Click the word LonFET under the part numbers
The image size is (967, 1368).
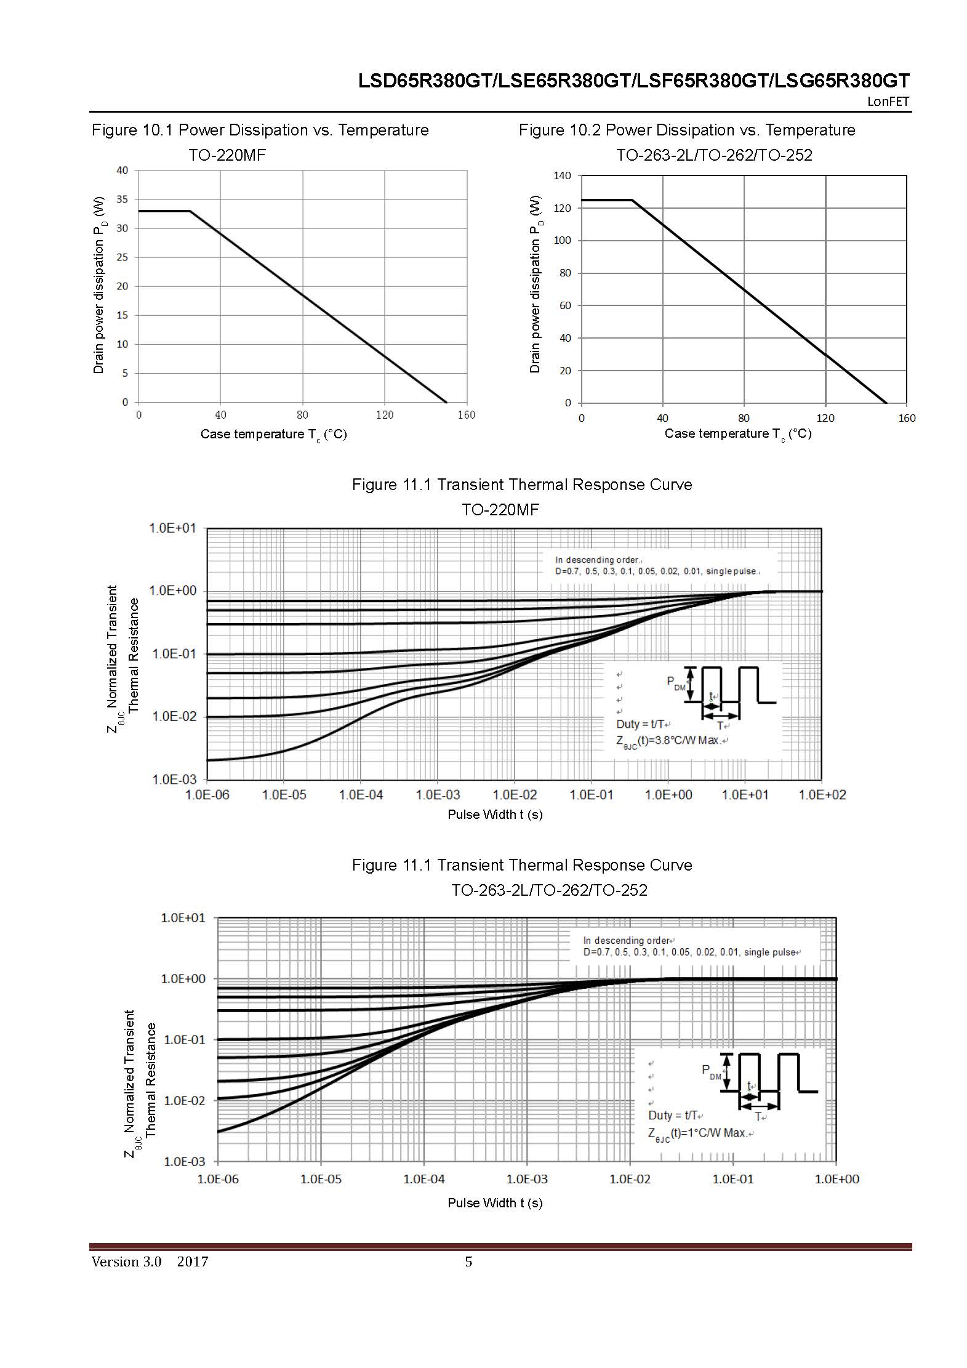[x=888, y=102]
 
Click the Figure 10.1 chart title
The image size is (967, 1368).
[x=260, y=130]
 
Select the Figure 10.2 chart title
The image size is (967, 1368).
[x=687, y=130]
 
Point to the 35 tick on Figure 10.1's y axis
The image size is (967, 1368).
[x=122, y=199]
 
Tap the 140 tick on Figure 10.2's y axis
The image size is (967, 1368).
[x=562, y=176]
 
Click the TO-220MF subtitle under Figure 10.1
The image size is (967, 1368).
[x=227, y=155]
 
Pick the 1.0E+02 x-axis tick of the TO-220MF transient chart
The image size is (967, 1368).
[x=822, y=795]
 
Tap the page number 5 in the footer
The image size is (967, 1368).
[x=468, y=1261]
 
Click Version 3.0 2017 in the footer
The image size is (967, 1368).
[x=150, y=1261]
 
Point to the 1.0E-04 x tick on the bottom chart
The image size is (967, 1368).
[x=424, y=1179]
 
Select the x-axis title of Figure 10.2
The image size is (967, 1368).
[x=737, y=434]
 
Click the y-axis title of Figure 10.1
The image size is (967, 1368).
[x=99, y=285]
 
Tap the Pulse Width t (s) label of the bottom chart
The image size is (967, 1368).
[x=495, y=1202]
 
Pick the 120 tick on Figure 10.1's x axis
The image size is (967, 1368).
[x=385, y=415]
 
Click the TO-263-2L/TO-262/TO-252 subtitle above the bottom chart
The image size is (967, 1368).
[x=549, y=890]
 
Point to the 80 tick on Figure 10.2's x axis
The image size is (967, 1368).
[x=744, y=418]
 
